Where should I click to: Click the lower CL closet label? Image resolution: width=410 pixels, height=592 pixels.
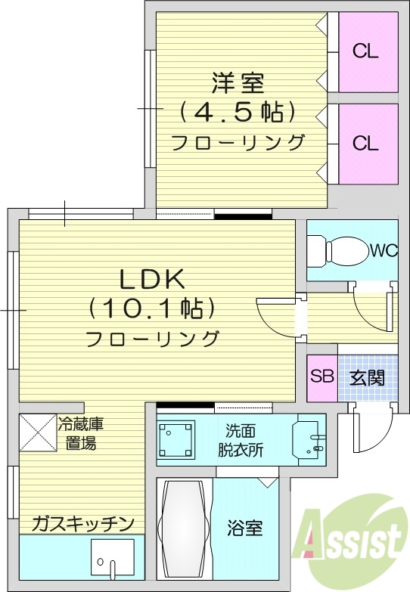click(366, 143)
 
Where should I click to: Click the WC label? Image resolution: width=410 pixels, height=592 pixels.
click(384, 250)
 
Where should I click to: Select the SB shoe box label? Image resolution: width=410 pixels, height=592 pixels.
click(321, 377)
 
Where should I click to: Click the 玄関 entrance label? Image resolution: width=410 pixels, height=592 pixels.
click(367, 377)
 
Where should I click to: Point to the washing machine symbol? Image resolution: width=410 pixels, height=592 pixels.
click(176, 439)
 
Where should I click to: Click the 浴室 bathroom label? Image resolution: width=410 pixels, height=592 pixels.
click(244, 528)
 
